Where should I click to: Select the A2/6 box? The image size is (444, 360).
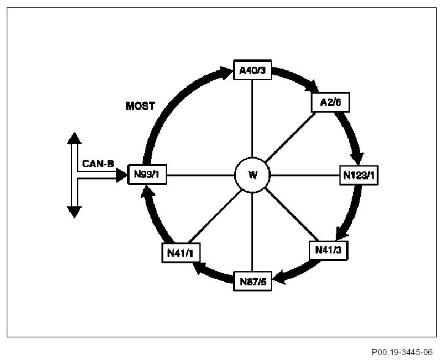pyautogui.click(x=330, y=102)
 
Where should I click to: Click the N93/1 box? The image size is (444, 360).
pyautogui.click(x=147, y=176)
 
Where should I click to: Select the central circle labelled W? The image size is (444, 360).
pyautogui.click(x=253, y=176)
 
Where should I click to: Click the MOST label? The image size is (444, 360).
pyautogui.click(x=140, y=107)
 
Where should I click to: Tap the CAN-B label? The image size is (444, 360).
pyautogui.click(x=98, y=163)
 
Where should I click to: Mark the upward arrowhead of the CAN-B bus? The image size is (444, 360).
pyautogui.click(x=74, y=137)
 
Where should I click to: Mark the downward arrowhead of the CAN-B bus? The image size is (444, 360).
pyautogui.click(x=74, y=212)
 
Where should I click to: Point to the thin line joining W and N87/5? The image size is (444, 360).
pyautogui.click(x=253, y=233)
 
